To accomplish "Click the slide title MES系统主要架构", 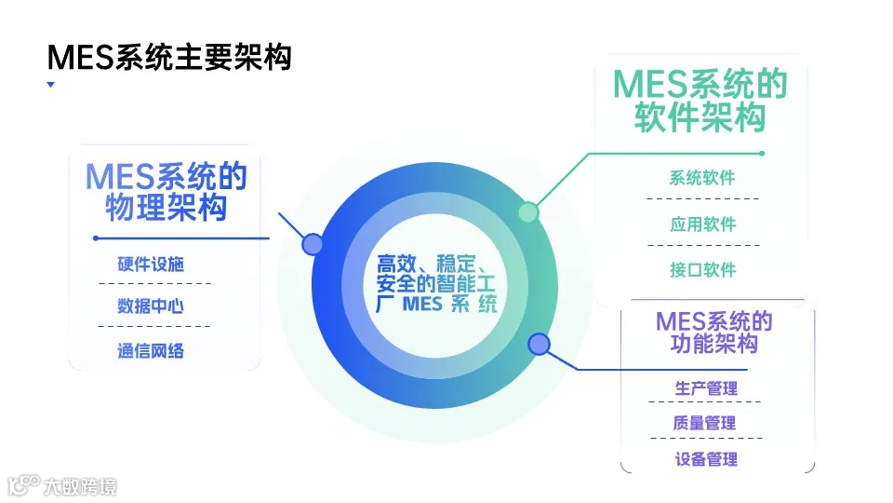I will pos(169,58).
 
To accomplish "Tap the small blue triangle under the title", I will pos(50,85).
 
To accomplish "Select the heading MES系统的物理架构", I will pos(166,191).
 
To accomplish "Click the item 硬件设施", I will pos(151,264).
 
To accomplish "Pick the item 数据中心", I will pos(151,306).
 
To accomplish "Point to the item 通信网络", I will pos(151,350).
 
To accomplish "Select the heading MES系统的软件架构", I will pos(700,102).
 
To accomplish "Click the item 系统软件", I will pos(702,178).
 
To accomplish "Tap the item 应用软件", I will pos(702,224).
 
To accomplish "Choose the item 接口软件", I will pos(702,270).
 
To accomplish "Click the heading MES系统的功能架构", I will pos(713,333).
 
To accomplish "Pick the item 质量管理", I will pos(705,423).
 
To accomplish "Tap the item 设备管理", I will pos(705,458).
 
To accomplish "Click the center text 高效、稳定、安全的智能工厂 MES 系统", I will pos(436,283).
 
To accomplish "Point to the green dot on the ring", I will pos(528,212).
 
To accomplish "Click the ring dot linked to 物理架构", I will pos(313,244).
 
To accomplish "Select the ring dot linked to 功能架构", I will pos(539,345).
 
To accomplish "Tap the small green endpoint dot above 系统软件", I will pos(761,153).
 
